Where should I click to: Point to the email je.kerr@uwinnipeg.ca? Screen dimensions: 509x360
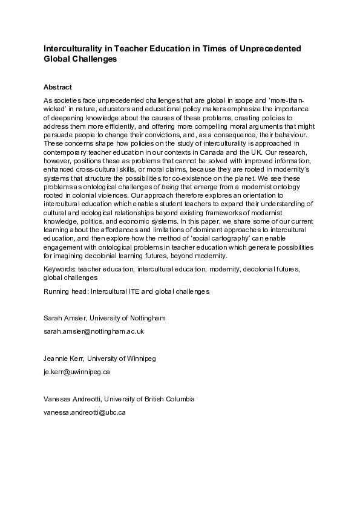click(x=76, y=372)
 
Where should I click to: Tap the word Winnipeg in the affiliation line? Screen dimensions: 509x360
click(x=141, y=358)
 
